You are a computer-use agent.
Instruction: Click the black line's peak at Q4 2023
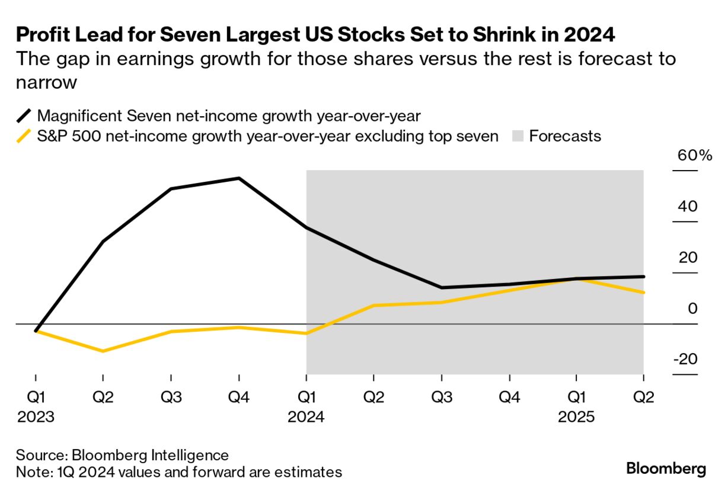pos(239,178)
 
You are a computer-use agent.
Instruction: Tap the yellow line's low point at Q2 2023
pos(103,351)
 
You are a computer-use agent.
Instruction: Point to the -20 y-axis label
pos(685,360)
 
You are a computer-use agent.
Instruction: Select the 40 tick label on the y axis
pos(686,207)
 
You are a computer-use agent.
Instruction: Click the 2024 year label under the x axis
pos(306,417)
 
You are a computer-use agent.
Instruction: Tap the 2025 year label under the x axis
pos(576,417)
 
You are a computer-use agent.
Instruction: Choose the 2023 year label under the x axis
pos(36,417)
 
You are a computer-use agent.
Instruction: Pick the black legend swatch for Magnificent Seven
pos(24,115)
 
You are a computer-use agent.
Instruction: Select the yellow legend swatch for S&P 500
pos(24,136)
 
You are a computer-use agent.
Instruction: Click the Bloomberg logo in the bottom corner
pos(666,469)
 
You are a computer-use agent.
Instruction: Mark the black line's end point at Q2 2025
pos(644,277)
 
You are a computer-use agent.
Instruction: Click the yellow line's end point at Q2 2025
pos(644,293)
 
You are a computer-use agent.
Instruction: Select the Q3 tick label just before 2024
pos(171,397)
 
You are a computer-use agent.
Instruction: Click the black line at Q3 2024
pos(442,288)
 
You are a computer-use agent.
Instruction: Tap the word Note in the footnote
pos(31,472)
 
